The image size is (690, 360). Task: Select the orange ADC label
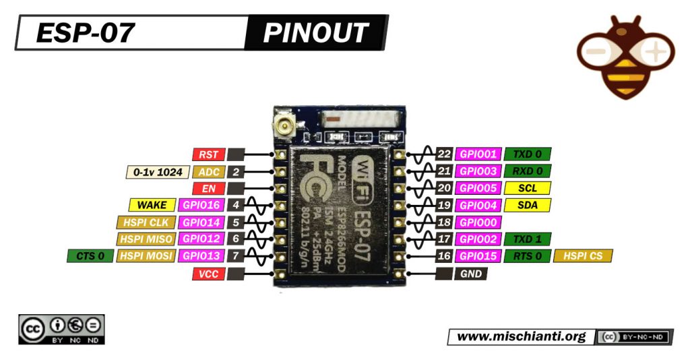coord(208,172)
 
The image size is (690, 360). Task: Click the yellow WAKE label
coord(152,205)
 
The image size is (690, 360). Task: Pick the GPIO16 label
coord(200,205)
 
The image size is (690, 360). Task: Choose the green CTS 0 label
coord(90,256)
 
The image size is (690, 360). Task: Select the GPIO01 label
coord(477,154)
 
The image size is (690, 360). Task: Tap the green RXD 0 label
coord(528,171)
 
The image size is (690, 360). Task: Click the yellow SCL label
coord(528,188)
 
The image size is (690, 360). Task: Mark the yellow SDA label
coord(528,205)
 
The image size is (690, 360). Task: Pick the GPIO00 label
coord(477,222)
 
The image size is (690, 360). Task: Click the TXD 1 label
coord(528,239)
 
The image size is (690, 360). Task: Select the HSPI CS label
coord(583,256)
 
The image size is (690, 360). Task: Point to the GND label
coord(471,274)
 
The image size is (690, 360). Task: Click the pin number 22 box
coord(443,154)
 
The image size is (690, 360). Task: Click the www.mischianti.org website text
coord(521,336)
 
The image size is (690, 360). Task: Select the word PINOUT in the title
coord(315,32)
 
